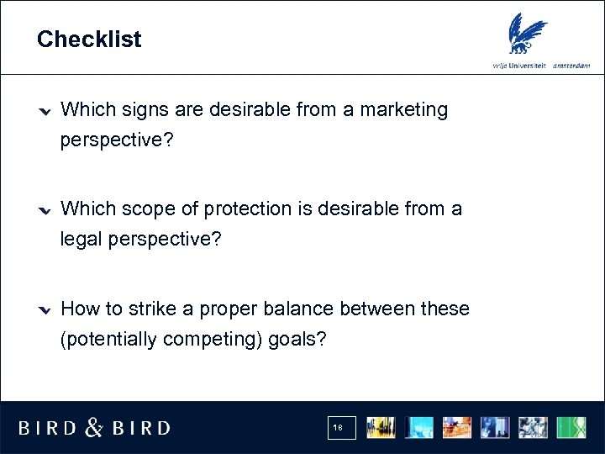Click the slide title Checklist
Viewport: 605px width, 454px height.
tap(89, 40)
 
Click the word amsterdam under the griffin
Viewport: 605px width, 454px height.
tap(571, 66)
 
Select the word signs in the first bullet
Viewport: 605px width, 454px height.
tap(143, 109)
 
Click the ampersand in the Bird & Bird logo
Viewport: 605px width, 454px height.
tap(94, 428)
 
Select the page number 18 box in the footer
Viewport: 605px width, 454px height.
tap(342, 428)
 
